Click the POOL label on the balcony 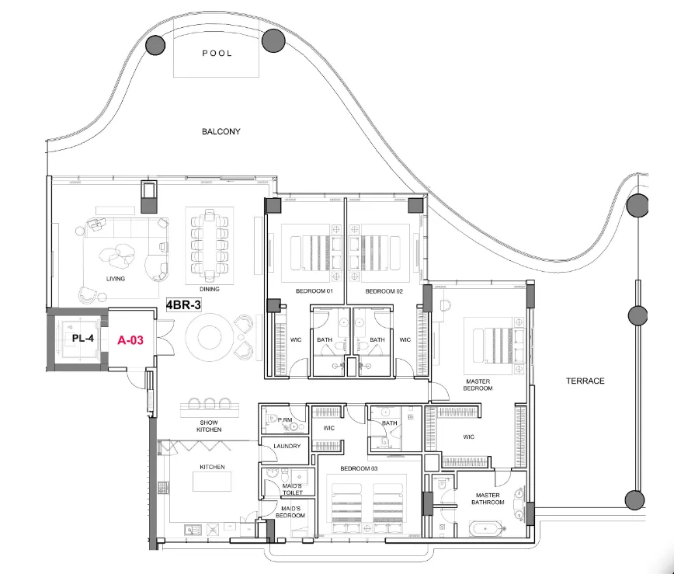click(217, 54)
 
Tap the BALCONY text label click(221, 132)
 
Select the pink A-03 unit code click(131, 339)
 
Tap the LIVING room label click(116, 278)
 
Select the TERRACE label click(585, 381)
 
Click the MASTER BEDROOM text click(478, 384)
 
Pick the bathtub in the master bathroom click(485, 531)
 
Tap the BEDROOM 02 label click(384, 290)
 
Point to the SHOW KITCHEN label click(209, 426)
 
